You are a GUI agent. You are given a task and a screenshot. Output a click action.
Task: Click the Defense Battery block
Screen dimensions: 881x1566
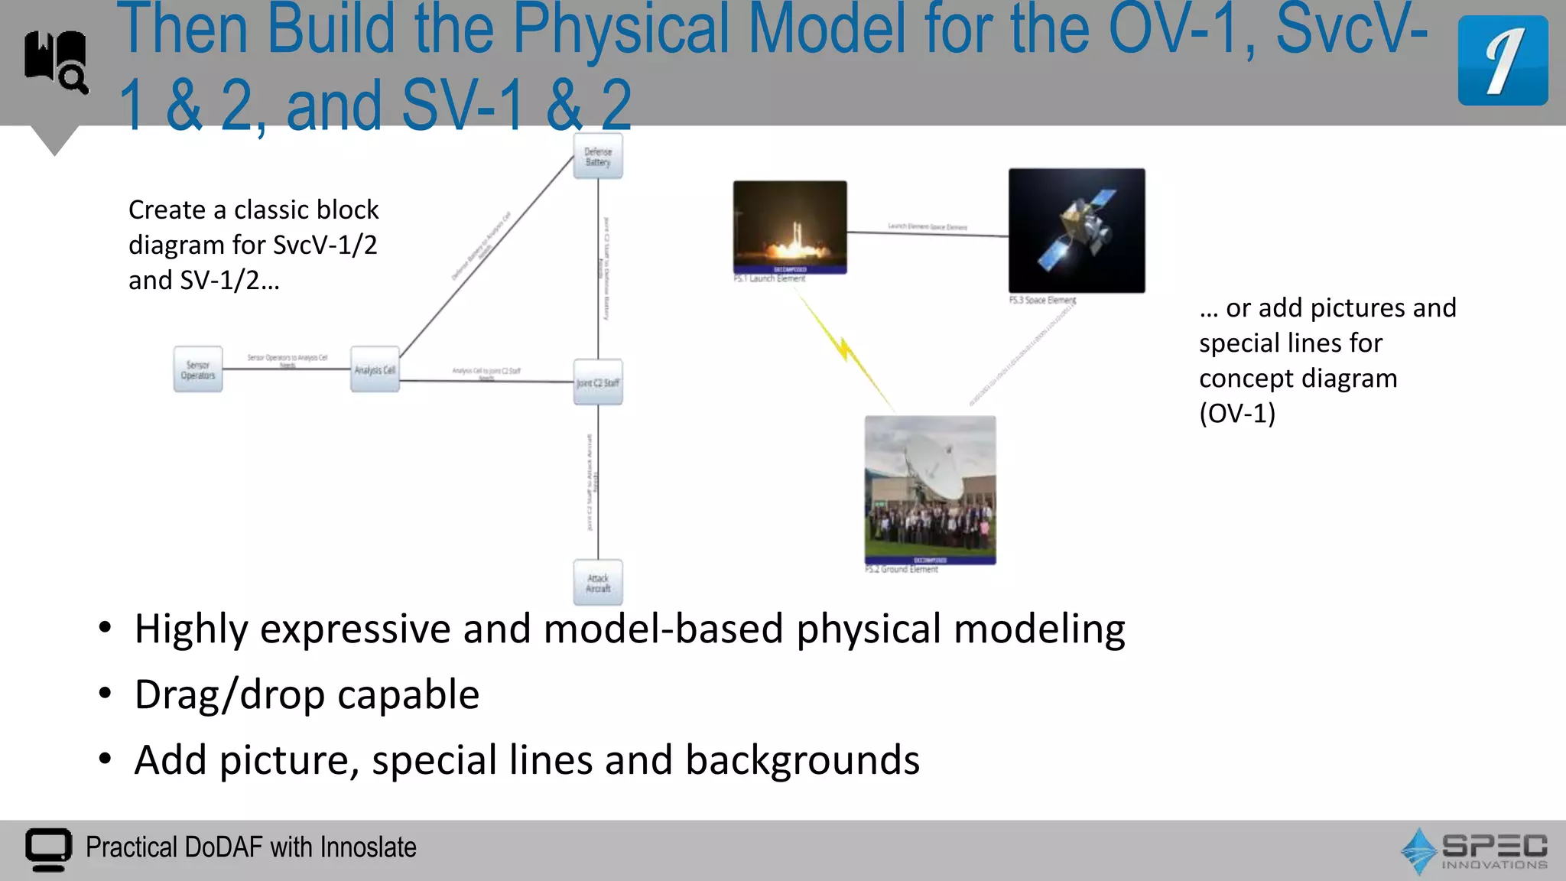coord(598,157)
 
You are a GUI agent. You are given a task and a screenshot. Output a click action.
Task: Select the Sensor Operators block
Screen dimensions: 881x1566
coord(198,370)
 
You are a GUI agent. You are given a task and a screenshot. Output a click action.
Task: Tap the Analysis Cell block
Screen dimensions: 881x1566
coord(375,370)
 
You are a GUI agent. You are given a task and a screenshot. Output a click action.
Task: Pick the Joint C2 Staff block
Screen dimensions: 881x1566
coord(598,382)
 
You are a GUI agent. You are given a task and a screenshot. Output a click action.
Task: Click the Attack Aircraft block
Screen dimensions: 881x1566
coord(598,584)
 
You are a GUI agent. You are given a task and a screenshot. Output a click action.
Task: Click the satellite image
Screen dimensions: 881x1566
coord(1077,229)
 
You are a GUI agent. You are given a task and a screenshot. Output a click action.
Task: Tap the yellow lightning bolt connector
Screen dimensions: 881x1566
coord(845,349)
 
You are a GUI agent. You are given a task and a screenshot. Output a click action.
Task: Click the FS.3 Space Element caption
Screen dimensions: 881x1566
coord(1042,301)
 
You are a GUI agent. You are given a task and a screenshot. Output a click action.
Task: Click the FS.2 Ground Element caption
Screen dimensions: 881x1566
coord(902,570)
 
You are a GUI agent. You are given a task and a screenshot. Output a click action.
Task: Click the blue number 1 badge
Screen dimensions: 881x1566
coord(1503,60)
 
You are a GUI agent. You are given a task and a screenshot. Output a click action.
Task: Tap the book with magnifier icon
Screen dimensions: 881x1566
coord(56,61)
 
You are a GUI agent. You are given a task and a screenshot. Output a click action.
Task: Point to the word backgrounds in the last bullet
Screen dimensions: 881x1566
coord(802,760)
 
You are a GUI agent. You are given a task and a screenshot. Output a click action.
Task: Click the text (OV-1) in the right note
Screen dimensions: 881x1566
coord(1237,414)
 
